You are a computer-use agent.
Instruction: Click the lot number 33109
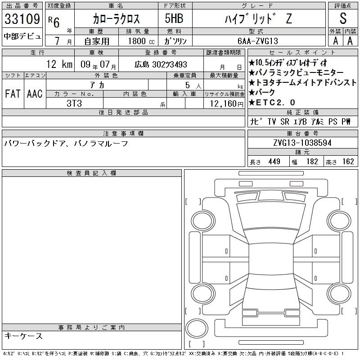click(x=22, y=19)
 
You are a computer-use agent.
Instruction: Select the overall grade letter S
click(x=343, y=18)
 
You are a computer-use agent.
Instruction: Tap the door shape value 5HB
click(x=174, y=18)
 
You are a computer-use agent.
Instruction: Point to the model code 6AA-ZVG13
click(x=258, y=41)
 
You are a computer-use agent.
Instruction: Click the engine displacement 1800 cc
click(x=141, y=41)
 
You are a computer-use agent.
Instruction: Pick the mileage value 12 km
click(x=59, y=64)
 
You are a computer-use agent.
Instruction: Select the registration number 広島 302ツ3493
click(x=161, y=64)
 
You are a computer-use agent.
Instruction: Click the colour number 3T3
click(x=74, y=103)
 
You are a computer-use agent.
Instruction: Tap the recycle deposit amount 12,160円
click(x=227, y=104)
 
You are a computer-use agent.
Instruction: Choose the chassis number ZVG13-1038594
click(x=302, y=143)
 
